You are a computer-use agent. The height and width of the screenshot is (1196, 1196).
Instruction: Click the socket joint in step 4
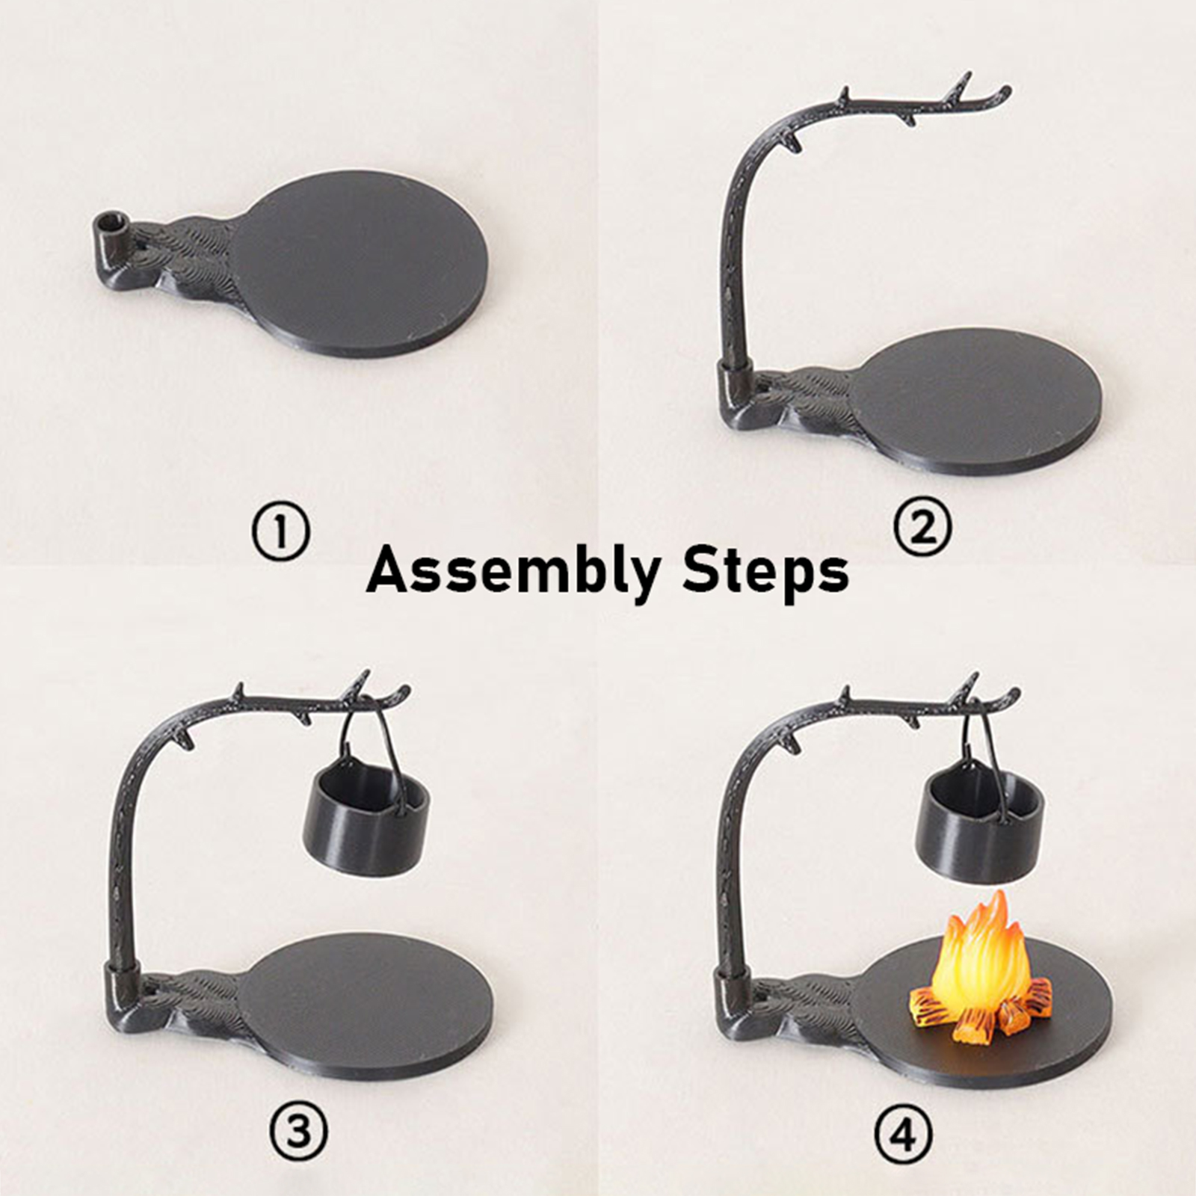[x=733, y=998]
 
